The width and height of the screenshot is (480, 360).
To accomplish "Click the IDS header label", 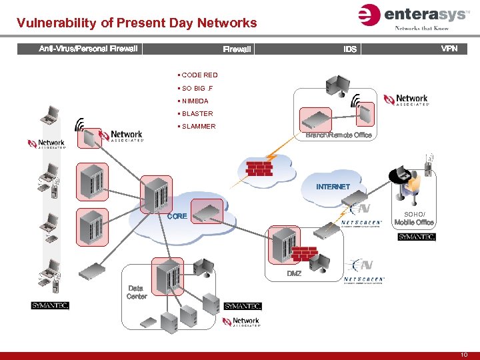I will tap(350, 49).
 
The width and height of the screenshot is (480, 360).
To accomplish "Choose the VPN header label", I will tap(449, 49).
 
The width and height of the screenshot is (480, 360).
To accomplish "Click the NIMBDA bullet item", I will tap(195, 101).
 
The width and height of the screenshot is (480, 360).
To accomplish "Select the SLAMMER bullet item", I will tap(198, 126).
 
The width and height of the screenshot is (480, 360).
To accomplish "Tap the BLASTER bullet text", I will tap(197, 113).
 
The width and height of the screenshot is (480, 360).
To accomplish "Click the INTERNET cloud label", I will tap(333, 187).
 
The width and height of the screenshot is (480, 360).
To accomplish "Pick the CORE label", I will tap(177, 216).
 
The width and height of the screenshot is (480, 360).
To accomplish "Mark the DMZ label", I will tap(294, 274).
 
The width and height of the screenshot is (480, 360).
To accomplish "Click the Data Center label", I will tap(137, 292).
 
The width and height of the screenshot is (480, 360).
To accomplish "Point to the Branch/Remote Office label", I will tap(338, 135).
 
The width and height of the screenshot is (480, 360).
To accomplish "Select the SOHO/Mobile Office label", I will tap(414, 218).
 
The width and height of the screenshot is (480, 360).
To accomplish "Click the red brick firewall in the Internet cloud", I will tap(259, 167).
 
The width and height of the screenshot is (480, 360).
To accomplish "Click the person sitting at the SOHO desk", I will tap(413, 183).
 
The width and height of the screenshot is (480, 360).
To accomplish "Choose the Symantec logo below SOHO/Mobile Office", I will tap(417, 237).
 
